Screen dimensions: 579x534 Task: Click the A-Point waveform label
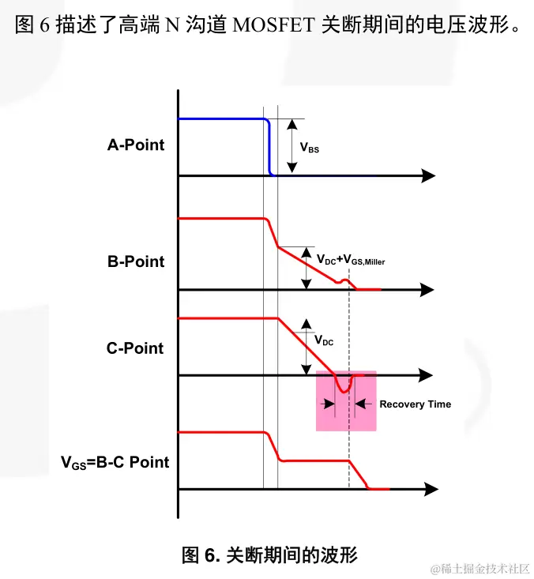[136, 145]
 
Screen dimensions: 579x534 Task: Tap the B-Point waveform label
[136, 261]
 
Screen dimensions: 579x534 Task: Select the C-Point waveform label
[135, 348]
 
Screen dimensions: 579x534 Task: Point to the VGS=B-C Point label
[115, 462]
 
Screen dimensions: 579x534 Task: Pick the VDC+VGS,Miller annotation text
[351, 260]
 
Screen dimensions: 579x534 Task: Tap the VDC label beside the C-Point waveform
[324, 340]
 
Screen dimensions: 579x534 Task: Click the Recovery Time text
[415, 404]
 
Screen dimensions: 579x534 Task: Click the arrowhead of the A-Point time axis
[429, 175]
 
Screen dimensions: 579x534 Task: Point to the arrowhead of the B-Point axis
[429, 290]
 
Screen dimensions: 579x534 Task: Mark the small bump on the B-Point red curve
[344, 281]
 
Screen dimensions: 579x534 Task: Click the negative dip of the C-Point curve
[344, 388]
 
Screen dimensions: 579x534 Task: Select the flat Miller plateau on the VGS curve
[316, 460]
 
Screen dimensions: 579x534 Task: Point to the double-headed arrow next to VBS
[291, 146]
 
